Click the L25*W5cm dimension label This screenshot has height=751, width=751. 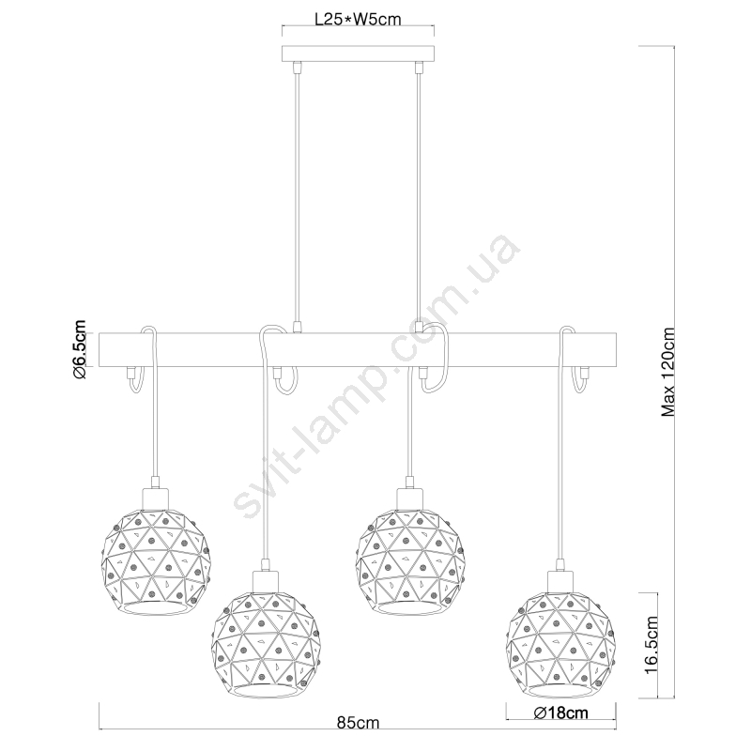pos(358,19)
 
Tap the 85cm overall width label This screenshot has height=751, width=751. pos(358,722)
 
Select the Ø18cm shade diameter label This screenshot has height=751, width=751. pos(560,713)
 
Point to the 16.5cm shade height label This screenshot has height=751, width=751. pos(651,645)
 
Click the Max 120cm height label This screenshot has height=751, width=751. pos(667,372)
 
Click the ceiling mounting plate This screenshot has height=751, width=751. pos(358,54)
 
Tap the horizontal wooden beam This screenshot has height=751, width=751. pos(358,350)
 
